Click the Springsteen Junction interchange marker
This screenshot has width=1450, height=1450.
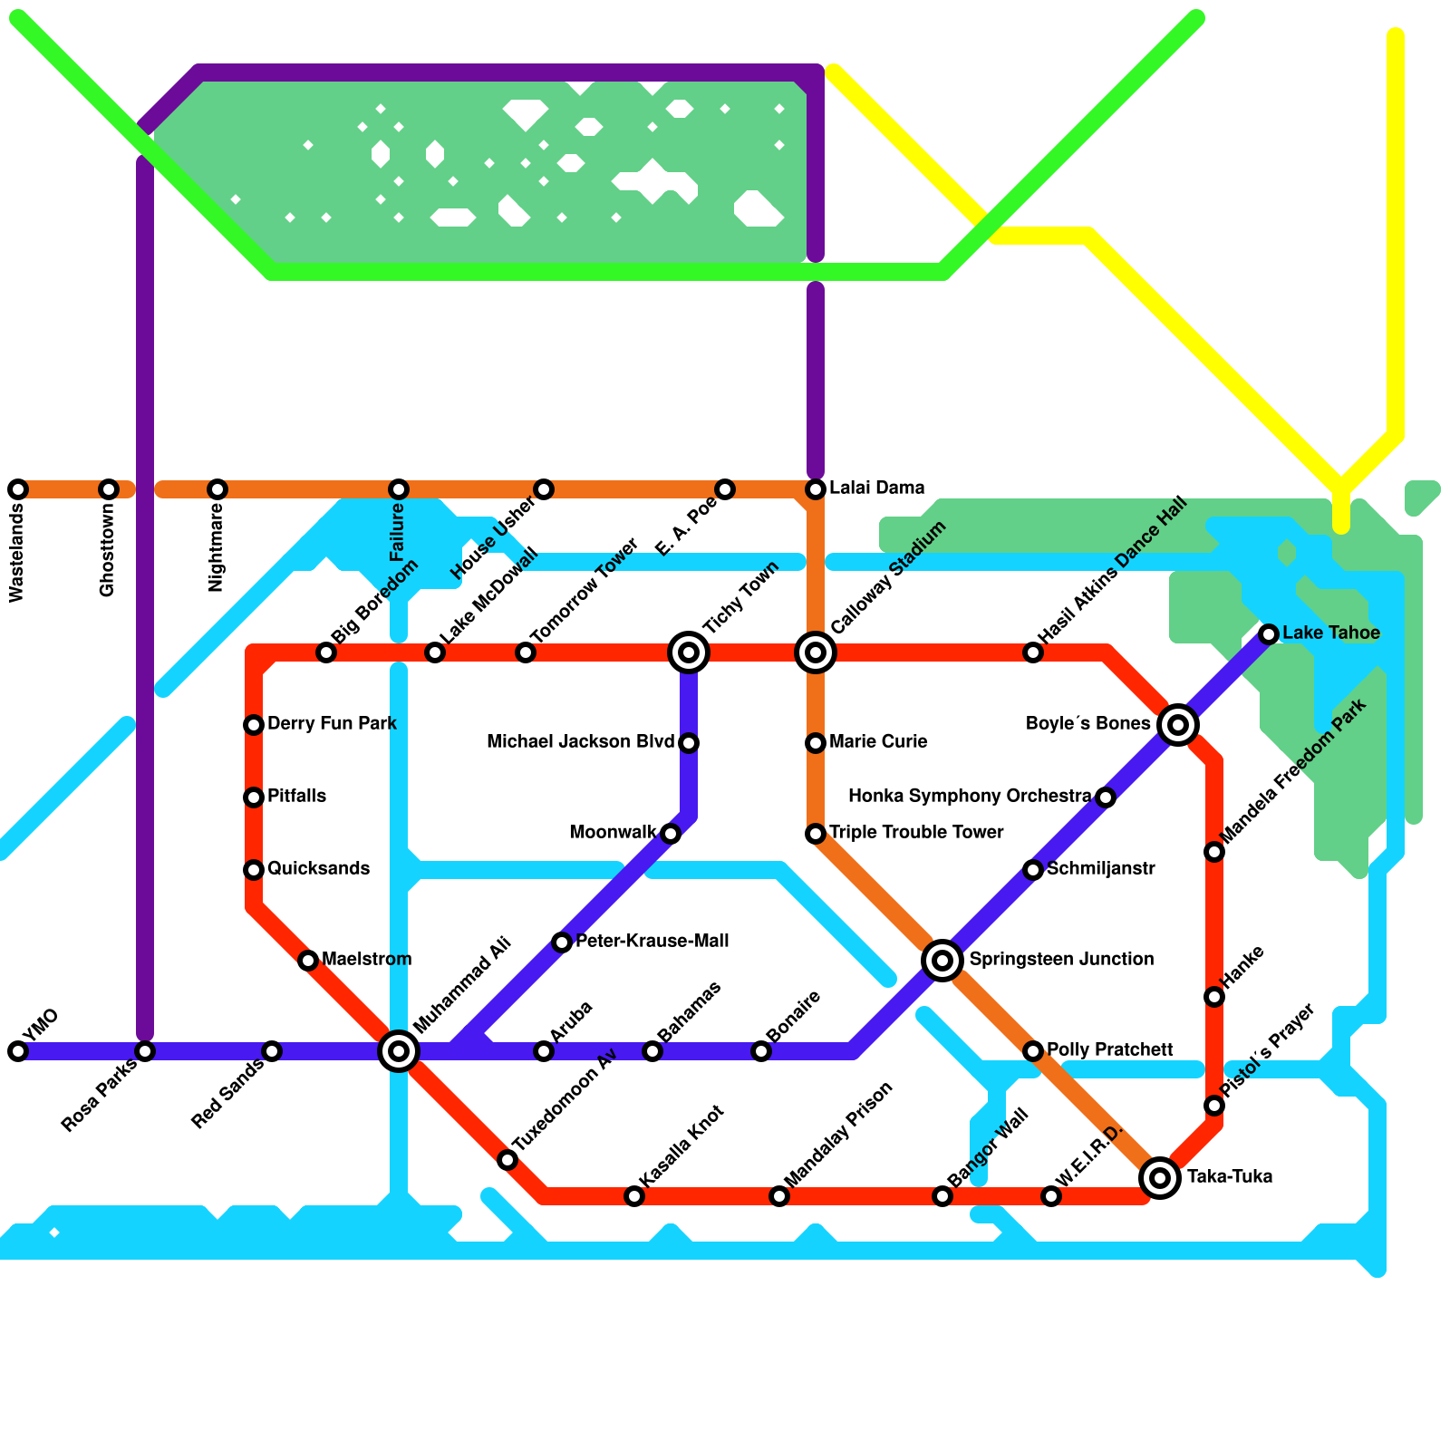point(942,960)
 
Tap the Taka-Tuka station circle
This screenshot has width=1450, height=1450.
point(1160,1177)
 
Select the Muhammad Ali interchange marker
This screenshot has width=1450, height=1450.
point(399,1051)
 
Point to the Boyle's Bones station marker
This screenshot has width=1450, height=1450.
point(1178,724)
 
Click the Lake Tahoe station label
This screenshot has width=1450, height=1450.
point(1330,633)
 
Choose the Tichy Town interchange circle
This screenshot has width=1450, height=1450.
point(689,652)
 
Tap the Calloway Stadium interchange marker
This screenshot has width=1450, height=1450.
point(816,652)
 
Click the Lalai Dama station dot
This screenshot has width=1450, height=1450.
point(816,489)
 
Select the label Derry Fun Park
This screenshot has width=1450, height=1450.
point(332,723)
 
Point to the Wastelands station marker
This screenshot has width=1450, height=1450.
point(18,489)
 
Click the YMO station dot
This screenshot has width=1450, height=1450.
point(18,1051)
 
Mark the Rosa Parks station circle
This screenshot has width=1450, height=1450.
point(145,1051)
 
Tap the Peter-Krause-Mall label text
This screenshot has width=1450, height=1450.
point(652,941)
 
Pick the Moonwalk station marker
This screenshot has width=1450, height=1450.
point(671,834)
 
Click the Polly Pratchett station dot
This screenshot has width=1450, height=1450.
point(1033,1051)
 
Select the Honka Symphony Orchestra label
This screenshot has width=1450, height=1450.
point(970,796)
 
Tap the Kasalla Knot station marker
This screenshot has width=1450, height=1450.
point(634,1196)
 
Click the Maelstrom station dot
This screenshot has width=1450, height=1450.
point(308,961)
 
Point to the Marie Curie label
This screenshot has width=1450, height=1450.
point(877,741)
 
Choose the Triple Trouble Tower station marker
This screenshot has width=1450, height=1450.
point(816,834)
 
